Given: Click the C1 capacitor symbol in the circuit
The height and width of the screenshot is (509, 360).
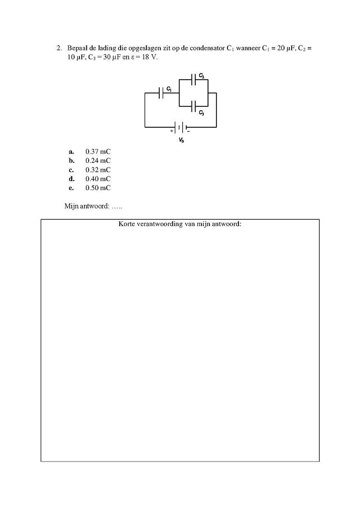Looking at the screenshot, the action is pyautogui.click(x=161, y=93).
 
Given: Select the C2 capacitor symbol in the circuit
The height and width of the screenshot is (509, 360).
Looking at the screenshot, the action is pyautogui.click(x=193, y=80).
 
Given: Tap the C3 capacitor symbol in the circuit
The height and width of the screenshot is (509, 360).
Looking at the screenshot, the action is pyautogui.click(x=193, y=106).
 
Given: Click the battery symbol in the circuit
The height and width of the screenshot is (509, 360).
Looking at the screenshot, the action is pyautogui.click(x=181, y=127).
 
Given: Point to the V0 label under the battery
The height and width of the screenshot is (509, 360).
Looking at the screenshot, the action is pyautogui.click(x=181, y=140).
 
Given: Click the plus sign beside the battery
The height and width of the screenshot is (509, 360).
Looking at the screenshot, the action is pyautogui.click(x=172, y=131).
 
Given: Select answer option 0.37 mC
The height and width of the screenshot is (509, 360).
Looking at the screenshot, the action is pyautogui.click(x=98, y=151).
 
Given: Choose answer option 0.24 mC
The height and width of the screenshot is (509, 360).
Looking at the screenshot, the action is pyautogui.click(x=98, y=161).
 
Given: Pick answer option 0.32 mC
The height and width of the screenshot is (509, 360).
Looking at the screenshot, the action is pyautogui.click(x=98, y=170).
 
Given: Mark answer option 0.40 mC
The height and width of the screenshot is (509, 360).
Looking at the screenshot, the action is pyautogui.click(x=98, y=179).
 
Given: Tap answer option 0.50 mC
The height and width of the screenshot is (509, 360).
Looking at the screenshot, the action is pyautogui.click(x=98, y=188).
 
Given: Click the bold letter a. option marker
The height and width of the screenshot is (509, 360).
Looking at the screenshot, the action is pyautogui.click(x=71, y=152).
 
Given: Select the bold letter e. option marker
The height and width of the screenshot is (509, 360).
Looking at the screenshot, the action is pyautogui.click(x=71, y=188).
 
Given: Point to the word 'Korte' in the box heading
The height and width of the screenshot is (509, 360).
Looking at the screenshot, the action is pyautogui.click(x=127, y=224).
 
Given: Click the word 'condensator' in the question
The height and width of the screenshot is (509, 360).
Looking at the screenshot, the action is pyautogui.click(x=207, y=48).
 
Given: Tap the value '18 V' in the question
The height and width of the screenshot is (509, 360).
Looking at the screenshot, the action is pyautogui.click(x=149, y=57).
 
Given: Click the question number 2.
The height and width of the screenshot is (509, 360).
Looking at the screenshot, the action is pyautogui.click(x=59, y=48).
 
